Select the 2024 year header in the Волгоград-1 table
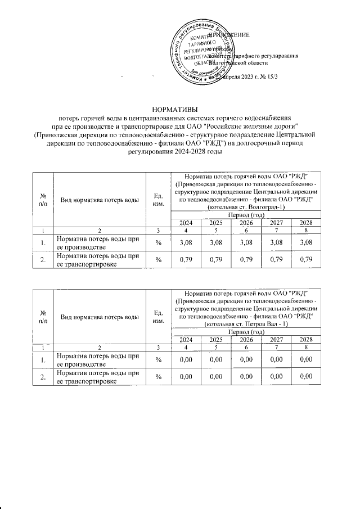(186, 223)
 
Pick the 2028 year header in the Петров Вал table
(305, 340)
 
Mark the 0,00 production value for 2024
(186, 359)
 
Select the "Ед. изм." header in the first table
(158, 199)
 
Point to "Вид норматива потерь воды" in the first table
(98, 199)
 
